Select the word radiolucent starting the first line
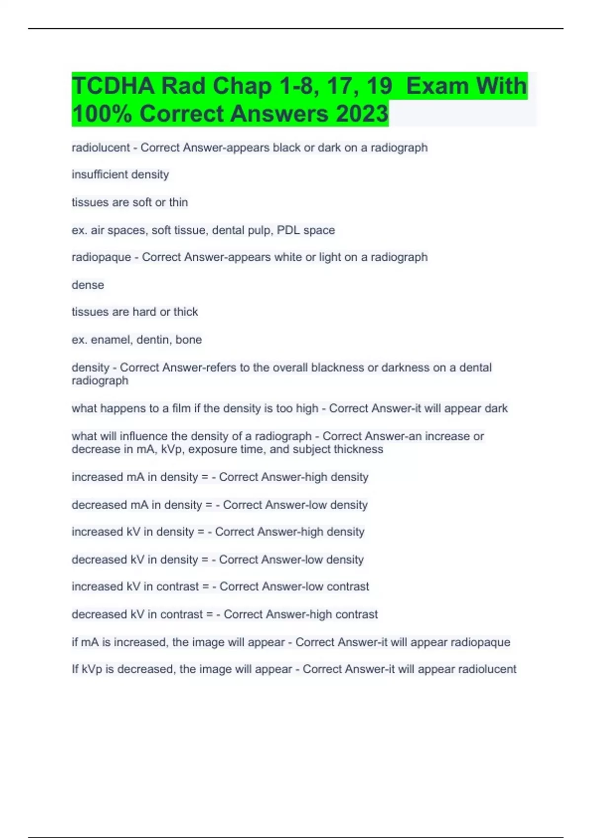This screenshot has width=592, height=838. point(101,147)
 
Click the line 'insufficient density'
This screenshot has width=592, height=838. point(120,175)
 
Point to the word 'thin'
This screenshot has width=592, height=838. point(179,202)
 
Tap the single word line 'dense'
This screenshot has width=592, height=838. point(88,285)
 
